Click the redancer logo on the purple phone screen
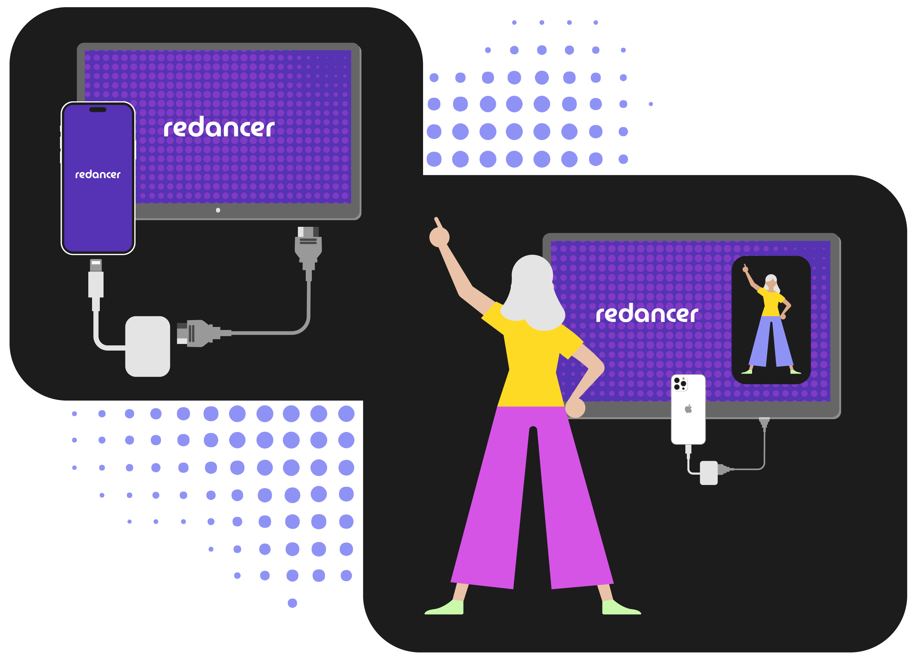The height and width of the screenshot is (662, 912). pos(98,174)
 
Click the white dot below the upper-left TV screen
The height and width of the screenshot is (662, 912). pos(218,210)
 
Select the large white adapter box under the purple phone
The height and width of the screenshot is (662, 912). pos(148,347)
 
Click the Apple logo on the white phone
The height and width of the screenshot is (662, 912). pos(688,409)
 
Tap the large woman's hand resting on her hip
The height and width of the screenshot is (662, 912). pos(575,408)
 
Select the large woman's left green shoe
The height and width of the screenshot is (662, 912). pos(446,608)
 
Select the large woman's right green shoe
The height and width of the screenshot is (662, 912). pos(619,608)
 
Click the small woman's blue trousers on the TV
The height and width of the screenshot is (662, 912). pos(770,342)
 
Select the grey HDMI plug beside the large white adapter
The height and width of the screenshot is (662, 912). pos(199,333)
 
